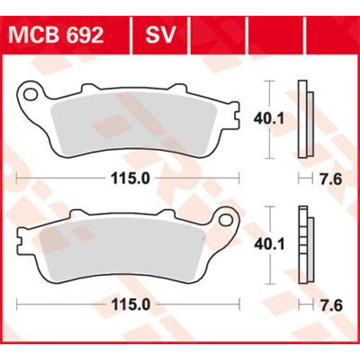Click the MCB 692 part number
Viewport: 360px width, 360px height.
(56, 35)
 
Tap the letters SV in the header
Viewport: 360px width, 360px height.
(160, 35)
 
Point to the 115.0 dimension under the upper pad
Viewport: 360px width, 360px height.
(130, 178)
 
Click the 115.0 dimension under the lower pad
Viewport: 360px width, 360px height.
(130, 305)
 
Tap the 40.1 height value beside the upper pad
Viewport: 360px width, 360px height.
(269, 119)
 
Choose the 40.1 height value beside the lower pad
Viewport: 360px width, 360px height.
(269, 244)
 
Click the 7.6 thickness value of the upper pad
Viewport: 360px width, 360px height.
(331, 179)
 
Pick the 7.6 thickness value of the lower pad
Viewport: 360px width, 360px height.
(331, 306)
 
